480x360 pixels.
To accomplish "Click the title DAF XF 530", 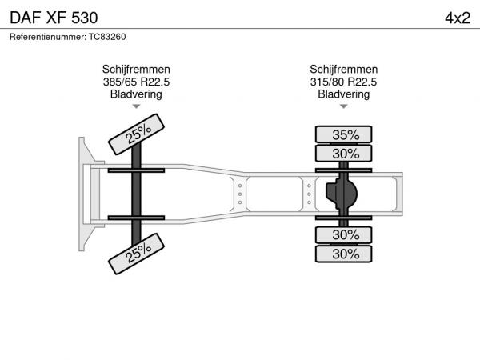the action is pyautogui.click(x=54, y=18).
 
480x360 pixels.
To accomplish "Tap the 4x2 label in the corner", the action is pyautogui.click(x=458, y=18).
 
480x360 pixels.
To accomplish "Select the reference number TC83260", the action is pyautogui.click(x=107, y=37).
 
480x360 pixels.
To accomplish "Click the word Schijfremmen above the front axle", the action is pyautogui.click(x=136, y=69).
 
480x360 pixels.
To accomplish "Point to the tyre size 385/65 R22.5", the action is pyautogui.click(x=136, y=82).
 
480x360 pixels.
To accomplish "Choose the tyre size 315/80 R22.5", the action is pyautogui.click(x=343, y=82).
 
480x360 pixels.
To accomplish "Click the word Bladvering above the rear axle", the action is pyautogui.click(x=343, y=94).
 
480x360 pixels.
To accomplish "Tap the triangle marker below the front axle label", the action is pyautogui.click(x=136, y=106).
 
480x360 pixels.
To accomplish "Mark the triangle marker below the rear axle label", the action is pyautogui.click(x=344, y=106).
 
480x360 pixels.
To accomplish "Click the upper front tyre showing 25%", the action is pyautogui.click(x=136, y=134).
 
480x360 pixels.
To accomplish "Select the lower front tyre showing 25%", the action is pyautogui.click(x=136, y=254).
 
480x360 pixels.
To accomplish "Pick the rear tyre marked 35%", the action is pyautogui.click(x=343, y=134).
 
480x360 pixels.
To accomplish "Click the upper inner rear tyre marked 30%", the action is pyautogui.click(x=343, y=154).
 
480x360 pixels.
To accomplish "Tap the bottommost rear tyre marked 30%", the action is pyautogui.click(x=343, y=254).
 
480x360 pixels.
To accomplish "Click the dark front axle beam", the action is pyautogui.click(x=136, y=194).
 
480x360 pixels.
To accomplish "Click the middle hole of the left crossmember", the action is pyautogui.click(x=240, y=194).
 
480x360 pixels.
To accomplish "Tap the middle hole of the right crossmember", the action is pyautogui.click(x=309, y=194).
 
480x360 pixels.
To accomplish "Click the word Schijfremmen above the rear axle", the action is pyautogui.click(x=343, y=69).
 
